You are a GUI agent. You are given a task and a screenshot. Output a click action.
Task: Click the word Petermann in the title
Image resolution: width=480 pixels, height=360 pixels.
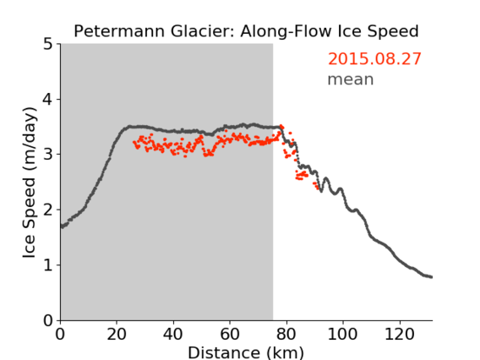[x=120, y=31]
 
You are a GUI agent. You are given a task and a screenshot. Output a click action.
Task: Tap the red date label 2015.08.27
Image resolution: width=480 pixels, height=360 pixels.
[x=374, y=59]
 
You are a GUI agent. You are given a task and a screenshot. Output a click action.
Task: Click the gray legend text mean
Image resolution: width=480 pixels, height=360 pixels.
[x=351, y=79]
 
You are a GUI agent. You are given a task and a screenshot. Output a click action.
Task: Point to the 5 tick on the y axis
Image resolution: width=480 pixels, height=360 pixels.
[x=48, y=45]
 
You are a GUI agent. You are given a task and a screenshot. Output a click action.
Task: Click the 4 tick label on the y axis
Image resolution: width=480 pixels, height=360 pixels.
[x=48, y=100]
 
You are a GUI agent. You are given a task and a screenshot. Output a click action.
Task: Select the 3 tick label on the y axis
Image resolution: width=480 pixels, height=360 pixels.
[x=48, y=155]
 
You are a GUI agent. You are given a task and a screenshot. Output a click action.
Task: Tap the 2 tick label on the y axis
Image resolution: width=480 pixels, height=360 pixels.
[x=48, y=210]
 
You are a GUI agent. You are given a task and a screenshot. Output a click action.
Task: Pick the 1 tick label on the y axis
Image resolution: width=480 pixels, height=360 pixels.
[x=48, y=265]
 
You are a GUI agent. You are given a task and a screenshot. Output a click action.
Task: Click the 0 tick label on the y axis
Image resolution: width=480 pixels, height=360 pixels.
[x=48, y=320]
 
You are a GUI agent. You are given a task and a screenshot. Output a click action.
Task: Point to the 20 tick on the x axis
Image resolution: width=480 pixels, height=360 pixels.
[x=117, y=334]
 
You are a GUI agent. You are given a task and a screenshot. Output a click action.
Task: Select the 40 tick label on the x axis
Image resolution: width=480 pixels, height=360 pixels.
[x=173, y=334]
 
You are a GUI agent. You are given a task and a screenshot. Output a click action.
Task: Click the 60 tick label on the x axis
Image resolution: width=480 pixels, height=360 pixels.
[x=230, y=334]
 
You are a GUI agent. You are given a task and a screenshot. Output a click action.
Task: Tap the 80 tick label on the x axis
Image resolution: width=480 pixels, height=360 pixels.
[x=286, y=334]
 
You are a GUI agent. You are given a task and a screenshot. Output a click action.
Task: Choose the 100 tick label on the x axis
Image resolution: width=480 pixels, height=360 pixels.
[x=343, y=334]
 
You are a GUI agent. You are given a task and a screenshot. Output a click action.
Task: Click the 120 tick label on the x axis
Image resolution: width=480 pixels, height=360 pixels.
[x=400, y=334]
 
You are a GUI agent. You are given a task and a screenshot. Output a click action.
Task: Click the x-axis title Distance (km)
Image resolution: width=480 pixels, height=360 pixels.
[x=246, y=352]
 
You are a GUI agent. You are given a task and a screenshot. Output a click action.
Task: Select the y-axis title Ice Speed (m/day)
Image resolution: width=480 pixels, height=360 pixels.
[x=30, y=183]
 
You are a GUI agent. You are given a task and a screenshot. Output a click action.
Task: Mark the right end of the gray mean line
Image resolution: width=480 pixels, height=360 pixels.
[x=431, y=277]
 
